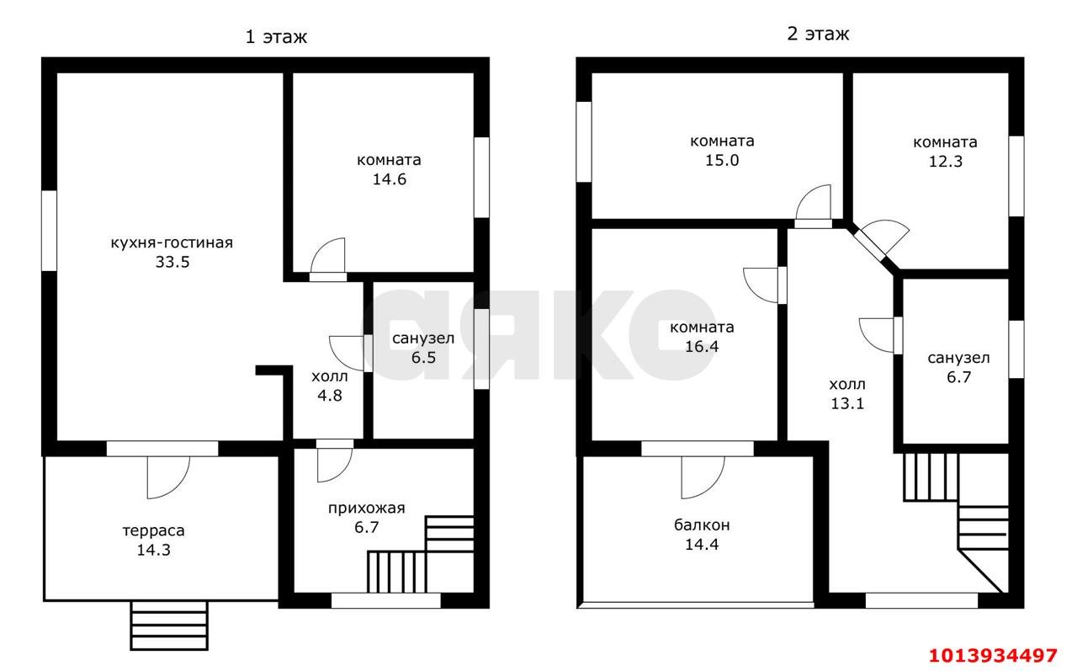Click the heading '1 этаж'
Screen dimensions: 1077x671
click(276, 37)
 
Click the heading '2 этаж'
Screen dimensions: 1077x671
click(818, 35)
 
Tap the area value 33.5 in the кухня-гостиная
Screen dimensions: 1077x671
click(172, 262)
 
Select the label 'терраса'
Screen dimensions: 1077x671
click(153, 530)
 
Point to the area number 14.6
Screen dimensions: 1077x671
click(390, 179)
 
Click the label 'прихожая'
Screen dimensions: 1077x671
click(366, 509)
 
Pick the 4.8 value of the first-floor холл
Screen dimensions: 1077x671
click(330, 396)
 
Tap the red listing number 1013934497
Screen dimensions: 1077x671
click(992, 655)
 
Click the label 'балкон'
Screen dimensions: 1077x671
click(702, 525)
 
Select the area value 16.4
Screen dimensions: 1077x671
click(702, 346)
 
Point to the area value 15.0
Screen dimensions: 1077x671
click(722, 160)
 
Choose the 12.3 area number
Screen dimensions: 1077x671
click(945, 162)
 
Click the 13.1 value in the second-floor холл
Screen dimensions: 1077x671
click(847, 403)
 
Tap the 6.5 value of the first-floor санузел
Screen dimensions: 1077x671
click(423, 358)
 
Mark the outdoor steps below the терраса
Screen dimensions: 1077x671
click(169, 626)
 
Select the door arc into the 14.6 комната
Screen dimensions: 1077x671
click(321, 248)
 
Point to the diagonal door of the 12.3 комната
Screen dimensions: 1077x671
click(869, 245)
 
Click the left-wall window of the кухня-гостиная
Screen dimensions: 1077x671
click(49, 231)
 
